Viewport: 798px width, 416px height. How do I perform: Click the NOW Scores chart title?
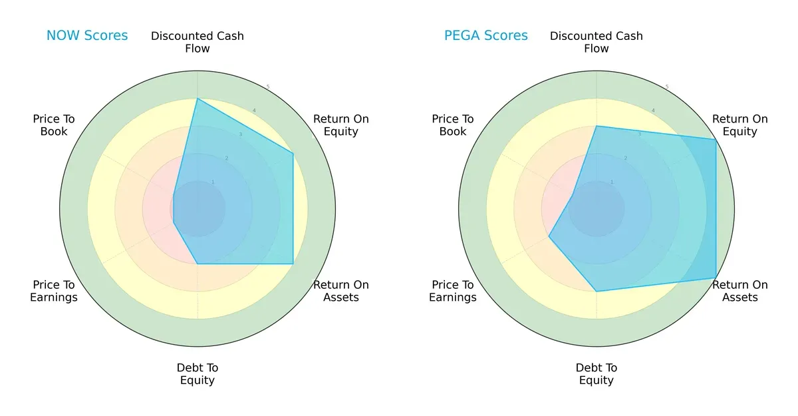pyautogui.click(x=86, y=36)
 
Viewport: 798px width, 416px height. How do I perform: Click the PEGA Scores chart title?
pyautogui.click(x=485, y=36)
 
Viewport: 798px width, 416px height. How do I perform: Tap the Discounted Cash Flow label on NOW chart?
pyautogui.click(x=198, y=42)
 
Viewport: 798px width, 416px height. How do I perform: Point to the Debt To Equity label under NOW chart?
pyautogui.click(x=198, y=374)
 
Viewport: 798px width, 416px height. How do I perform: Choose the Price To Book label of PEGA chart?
pyautogui.click(x=453, y=125)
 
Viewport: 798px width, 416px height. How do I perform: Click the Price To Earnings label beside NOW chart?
pyautogui.click(x=54, y=291)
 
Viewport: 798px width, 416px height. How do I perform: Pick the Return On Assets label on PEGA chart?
pyautogui.click(x=739, y=291)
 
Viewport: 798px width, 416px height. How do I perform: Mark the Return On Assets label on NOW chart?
pyautogui.click(x=340, y=291)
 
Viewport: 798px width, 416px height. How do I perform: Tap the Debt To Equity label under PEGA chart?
pyautogui.click(x=597, y=374)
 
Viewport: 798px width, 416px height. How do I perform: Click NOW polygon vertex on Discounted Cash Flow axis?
pyautogui.click(x=198, y=99)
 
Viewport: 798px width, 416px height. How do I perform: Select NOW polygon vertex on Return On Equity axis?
pyautogui.click(x=293, y=154)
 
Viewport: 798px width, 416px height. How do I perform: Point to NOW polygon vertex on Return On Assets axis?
pyautogui.click(x=293, y=264)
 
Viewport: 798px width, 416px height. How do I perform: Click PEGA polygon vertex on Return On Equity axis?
pyautogui.click(x=716, y=140)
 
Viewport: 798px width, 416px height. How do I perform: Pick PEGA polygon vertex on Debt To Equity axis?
pyautogui.click(x=597, y=292)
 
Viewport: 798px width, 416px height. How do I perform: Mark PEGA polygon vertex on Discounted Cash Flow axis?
pyautogui.click(x=597, y=126)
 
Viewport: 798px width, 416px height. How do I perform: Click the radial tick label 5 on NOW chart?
pyautogui.click(x=268, y=87)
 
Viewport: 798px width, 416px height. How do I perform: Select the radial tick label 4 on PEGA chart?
pyautogui.click(x=653, y=110)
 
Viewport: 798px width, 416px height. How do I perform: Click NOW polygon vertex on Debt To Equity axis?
pyautogui.click(x=198, y=264)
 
